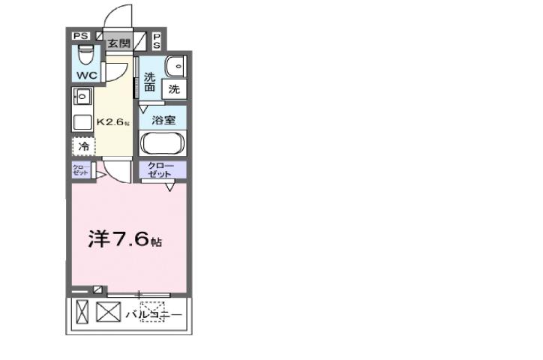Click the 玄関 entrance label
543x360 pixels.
[x=118, y=43]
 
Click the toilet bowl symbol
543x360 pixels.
[x=85, y=56]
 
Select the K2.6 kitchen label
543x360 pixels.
[x=112, y=121]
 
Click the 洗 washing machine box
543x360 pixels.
[x=173, y=89]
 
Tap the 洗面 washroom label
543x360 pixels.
[x=151, y=82]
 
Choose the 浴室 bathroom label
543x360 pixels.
[x=163, y=120]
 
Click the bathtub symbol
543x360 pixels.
[x=163, y=142]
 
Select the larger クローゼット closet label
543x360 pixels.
[x=161, y=170]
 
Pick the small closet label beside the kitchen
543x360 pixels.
[x=80, y=170]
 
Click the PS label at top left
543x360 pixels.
[x=80, y=36]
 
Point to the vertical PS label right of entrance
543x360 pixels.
[x=157, y=40]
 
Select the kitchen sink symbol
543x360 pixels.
[x=82, y=97]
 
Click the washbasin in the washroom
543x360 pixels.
[x=175, y=65]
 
